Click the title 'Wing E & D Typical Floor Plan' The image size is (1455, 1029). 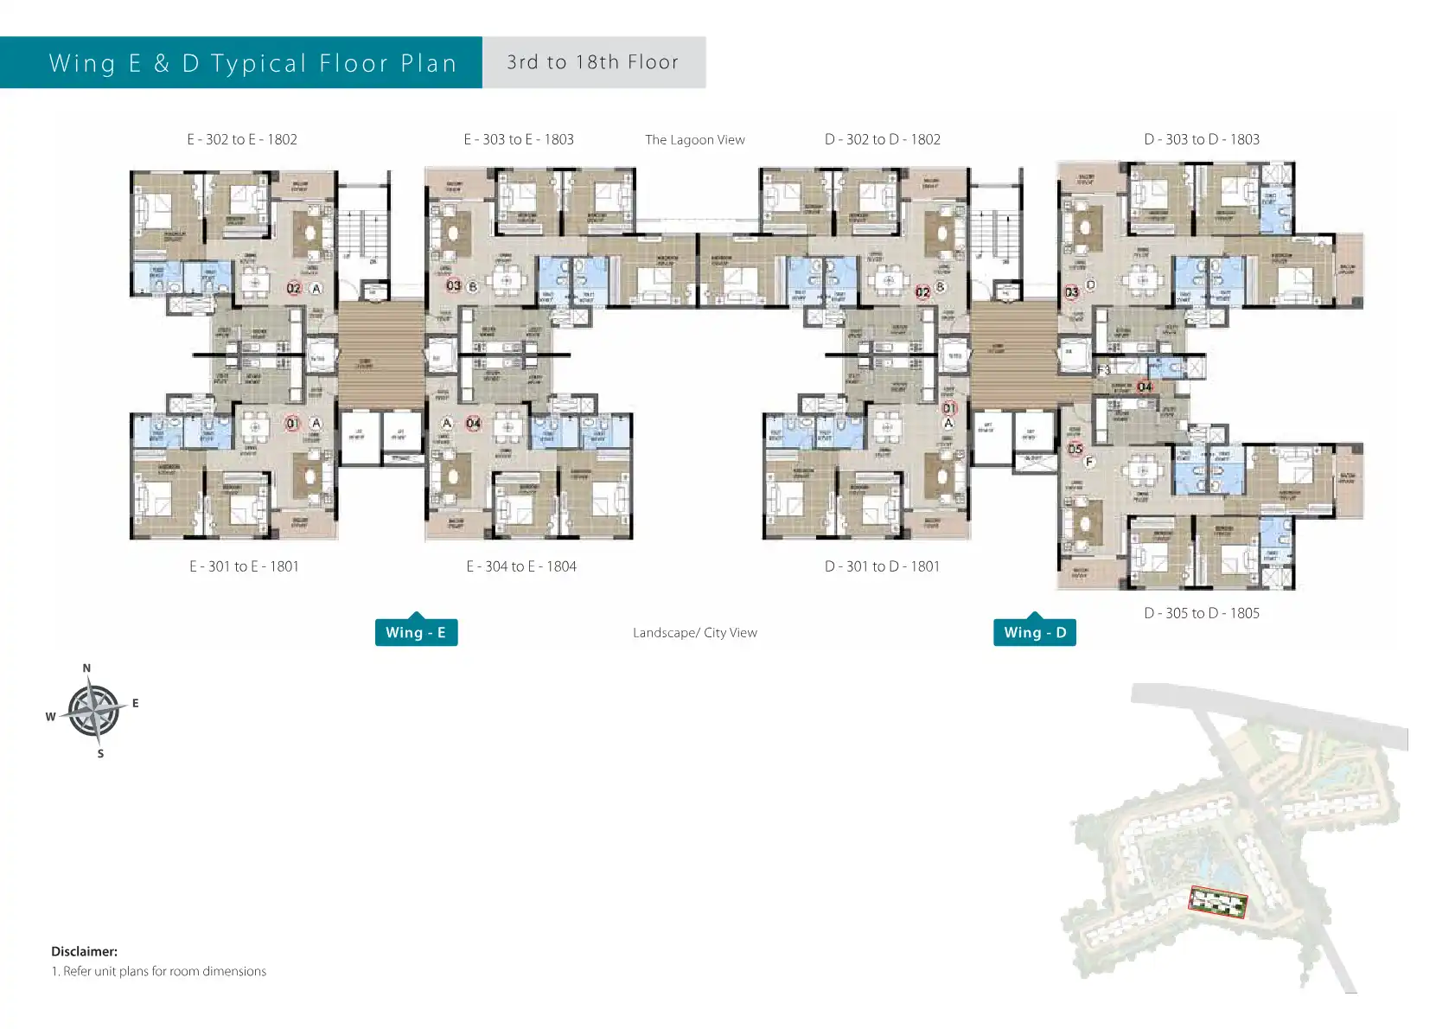click(252, 63)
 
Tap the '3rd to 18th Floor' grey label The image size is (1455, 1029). click(593, 62)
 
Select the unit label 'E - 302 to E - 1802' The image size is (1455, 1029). click(242, 139)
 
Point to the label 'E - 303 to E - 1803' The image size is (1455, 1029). click(519, 139)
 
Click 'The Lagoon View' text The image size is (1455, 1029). click(694, 140)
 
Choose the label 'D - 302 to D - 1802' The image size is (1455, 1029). click(882, 139)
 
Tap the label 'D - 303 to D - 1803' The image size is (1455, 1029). click(1202, 139)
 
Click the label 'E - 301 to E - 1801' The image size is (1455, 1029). click(244, 566)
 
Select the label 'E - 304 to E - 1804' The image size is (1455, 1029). click(521, 566)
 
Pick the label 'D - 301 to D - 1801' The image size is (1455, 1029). click(882, 566)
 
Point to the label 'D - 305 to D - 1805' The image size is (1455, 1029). click(1202, 613)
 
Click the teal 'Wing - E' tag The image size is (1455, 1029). click(416, 632)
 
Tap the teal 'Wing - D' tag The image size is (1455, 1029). click(1035, 632)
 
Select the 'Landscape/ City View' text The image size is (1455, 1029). click(694, 633)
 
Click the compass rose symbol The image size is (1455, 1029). click(93, 712)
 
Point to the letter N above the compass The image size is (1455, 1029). click(86, 668)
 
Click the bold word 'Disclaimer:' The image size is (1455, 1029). click(84, 951)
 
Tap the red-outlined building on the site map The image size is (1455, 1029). click(1218, 902)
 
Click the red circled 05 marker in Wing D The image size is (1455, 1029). click(1075, 449)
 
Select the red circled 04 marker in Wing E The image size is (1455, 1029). click(474, 423)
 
